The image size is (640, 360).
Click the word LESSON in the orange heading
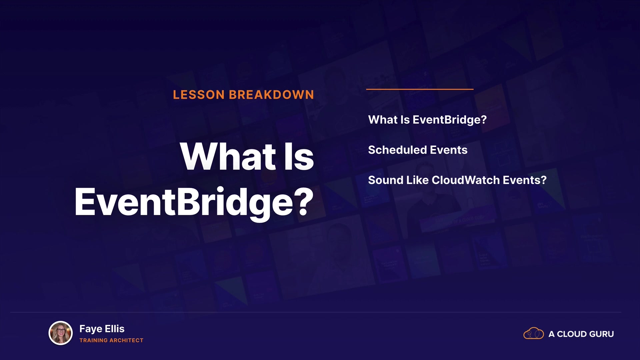click(x=199, y=95)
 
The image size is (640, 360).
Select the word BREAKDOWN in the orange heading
click(x=271, y=95)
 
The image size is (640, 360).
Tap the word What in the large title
click(x=228, y=156)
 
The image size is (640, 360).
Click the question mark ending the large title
click(x=304, y=201)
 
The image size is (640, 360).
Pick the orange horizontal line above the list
click(x=420, y=89)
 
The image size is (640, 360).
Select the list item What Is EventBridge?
click(x=427, y=120)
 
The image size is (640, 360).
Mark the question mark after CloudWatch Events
click(x=544, y=180)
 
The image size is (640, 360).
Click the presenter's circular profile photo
click(x=61, y=333)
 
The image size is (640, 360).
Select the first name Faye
click(x=91, y=329)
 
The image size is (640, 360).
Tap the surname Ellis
click(x=115, y=329)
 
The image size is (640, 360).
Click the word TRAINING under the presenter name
click(x=93, y=340)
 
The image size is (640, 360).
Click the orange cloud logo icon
click(x=534, y=333)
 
